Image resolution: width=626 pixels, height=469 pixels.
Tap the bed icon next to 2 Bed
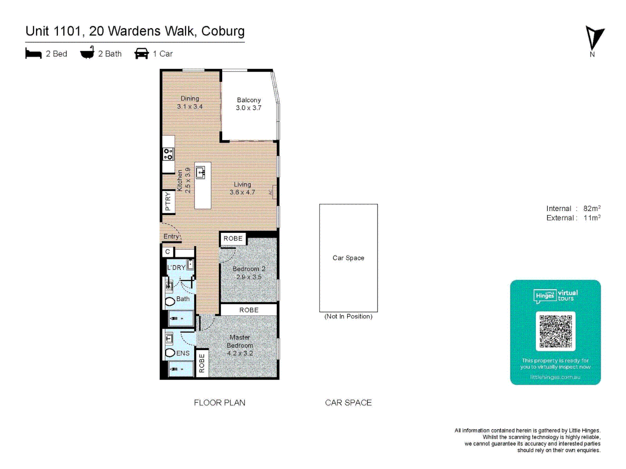[x=33, y=54]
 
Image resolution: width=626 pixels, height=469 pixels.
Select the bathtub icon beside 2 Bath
[x=87, y=53]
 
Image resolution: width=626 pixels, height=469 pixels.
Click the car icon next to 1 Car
[x=142, y=53]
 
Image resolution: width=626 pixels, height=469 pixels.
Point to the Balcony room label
[x=249, y=100]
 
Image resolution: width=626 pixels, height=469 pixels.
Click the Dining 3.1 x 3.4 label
[x=190, y=102]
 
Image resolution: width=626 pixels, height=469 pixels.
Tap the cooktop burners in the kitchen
[x=168, y=154]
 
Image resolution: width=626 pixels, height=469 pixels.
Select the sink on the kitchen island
[x=200, y=173]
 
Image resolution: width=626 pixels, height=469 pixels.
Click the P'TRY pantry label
[x=168, y=202]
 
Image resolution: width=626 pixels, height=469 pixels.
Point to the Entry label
[x=171, y=236]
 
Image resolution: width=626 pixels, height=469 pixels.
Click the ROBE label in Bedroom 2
[x=233, y=238]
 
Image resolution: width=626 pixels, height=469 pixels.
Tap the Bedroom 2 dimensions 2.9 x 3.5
[x=249, y=277]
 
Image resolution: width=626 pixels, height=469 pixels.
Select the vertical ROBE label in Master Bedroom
[x=202, y=363]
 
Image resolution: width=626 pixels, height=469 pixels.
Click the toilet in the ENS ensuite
[x=170, y=353]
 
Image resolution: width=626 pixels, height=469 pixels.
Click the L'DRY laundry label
[x=176, y=268]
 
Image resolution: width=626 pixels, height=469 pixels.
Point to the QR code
[x=556, y=331]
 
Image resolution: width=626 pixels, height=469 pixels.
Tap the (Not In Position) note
[x=348, y=317]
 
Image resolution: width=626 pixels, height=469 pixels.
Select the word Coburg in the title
[x=223, y=31]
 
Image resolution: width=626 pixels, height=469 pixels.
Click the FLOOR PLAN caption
[x=220, y=403]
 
